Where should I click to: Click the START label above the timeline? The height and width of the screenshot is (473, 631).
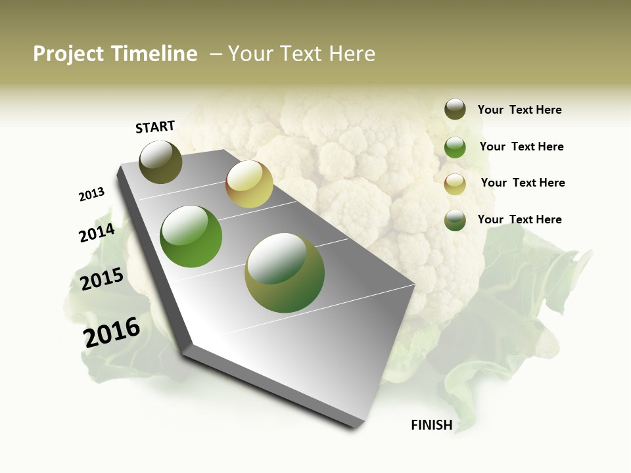point(155,127)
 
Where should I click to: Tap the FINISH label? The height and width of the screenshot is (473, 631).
point(431,425)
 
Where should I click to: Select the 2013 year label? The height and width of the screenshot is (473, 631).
point(92,194)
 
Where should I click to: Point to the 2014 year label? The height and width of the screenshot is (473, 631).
point(97,233)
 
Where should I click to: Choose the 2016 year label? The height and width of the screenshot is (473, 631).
point(112,332)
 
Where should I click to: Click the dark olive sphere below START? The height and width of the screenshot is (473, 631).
point(161,162)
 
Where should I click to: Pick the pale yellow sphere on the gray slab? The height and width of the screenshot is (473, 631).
point(249,184)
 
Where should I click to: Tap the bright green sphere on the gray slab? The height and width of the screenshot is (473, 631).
point(191,236)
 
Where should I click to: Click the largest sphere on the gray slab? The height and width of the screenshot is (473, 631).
point(285,273)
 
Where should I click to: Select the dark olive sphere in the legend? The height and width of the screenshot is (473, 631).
point(455,109)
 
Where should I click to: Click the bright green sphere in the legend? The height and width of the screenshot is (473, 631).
point(455,147)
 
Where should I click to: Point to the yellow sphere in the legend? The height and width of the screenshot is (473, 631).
point(455,184)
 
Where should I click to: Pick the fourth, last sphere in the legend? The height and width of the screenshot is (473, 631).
point(455,220)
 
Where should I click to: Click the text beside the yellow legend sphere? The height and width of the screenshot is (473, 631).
point(523,183)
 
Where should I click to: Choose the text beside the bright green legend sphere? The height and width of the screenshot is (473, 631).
point(521,146)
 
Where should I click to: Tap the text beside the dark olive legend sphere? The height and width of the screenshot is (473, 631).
point(519,110)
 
